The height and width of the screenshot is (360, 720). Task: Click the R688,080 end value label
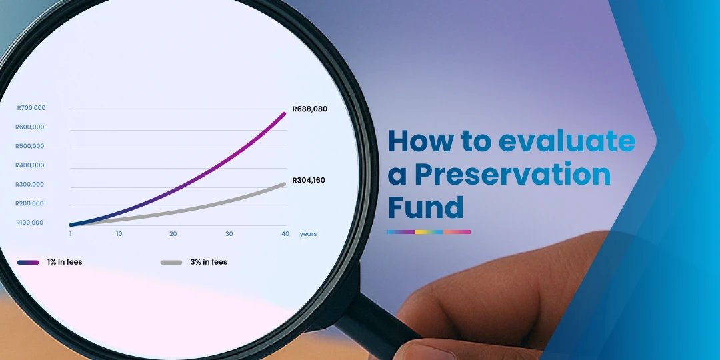[309, 109]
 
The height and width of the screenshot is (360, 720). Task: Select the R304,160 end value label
[309, 180]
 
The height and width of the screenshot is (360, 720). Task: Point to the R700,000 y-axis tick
[31, 108]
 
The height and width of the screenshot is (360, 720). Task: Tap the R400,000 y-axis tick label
[31, 165]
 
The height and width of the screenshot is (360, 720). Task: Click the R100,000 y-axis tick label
[31, 223]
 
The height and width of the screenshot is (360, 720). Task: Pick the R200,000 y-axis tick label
[31, 203]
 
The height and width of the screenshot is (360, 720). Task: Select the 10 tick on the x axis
[119, 234]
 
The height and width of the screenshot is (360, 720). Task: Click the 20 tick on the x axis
[173, 234]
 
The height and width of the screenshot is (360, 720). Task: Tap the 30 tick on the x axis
[229, 234]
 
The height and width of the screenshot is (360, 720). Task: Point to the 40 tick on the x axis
[285, 234]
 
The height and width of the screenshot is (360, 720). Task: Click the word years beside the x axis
[308, 234]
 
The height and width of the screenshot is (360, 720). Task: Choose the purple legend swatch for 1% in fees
[28, 263]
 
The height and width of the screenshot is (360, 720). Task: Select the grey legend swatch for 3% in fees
[171, 263]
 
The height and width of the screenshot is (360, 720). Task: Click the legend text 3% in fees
[209, 263]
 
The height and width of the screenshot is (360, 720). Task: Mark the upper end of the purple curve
[285, 113]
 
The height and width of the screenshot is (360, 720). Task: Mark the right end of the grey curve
[285, 184]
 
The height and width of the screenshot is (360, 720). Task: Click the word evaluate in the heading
[567, 141]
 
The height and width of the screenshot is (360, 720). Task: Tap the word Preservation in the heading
[512, 175]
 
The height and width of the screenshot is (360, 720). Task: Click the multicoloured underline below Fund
[429, 232]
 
